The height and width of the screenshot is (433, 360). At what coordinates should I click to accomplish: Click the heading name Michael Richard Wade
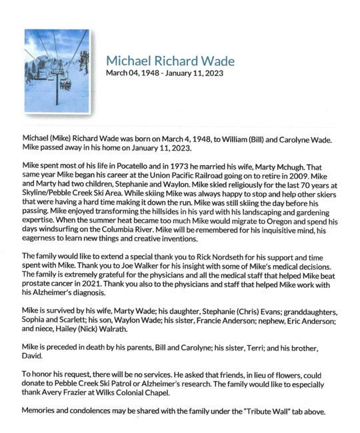(170, 61)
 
